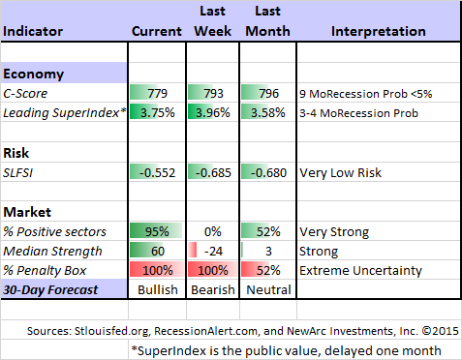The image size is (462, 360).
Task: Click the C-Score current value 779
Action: coord(158,96)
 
